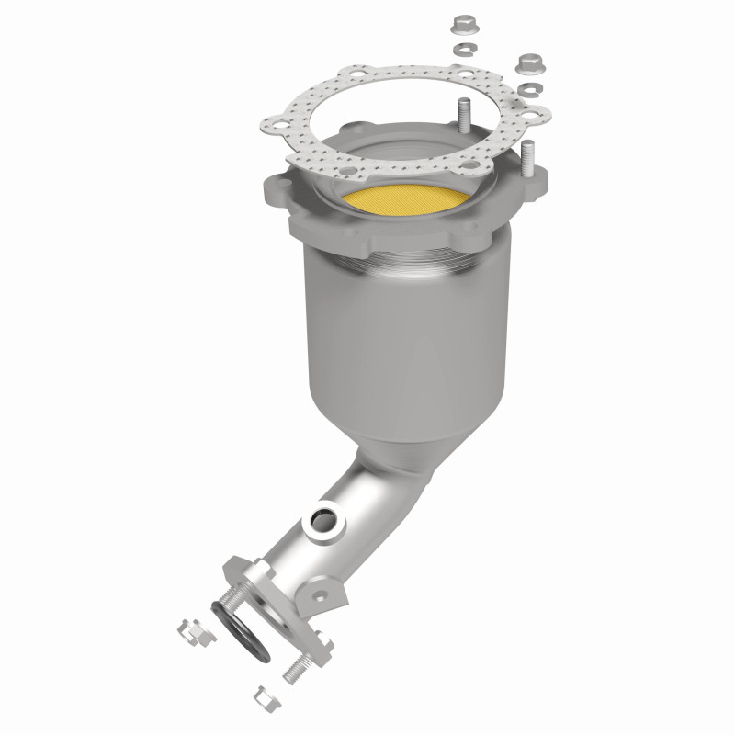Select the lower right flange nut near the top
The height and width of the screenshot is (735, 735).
point(528,63)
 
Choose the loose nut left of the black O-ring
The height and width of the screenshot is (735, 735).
point(189,632)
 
